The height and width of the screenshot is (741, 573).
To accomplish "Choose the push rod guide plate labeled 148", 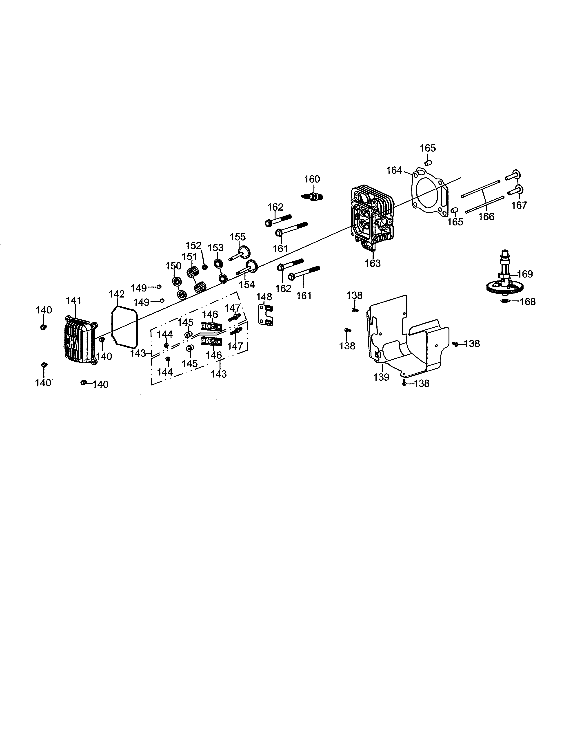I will click(x=267, y=315).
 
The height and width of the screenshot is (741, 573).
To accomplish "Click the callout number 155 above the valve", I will click(x=237, y=236).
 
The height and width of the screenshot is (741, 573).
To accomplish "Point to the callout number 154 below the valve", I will click(x=247, y=284).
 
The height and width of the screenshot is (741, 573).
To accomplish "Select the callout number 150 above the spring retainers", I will click(x=173, y=266).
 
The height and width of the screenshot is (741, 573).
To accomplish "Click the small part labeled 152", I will click(x=205, y=267).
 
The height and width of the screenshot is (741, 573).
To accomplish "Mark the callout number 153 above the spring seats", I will click(x=215, y=248).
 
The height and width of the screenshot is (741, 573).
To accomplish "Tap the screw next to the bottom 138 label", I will click(x=404, y=383).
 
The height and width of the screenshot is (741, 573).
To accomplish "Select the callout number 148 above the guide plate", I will click(x=264, y=297).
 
